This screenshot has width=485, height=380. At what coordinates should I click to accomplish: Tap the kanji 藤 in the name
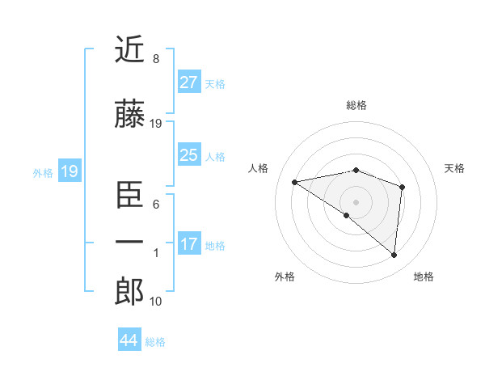129,116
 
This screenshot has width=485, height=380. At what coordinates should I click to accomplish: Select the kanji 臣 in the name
129,194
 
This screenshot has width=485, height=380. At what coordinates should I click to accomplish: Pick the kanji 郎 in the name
129,292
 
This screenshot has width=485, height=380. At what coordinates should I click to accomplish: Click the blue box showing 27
188,82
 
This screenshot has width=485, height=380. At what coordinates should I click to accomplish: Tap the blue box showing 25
188,155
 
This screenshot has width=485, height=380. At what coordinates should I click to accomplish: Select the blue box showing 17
188,244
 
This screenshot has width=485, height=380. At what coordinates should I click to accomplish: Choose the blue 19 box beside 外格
69,171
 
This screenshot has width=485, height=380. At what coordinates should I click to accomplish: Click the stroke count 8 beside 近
156,59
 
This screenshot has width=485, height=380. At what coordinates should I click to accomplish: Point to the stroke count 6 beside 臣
156,205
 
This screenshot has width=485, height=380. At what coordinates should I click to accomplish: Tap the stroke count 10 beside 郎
156,302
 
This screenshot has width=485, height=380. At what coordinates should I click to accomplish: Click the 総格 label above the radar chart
356,105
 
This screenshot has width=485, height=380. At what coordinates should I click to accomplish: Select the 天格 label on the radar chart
454,168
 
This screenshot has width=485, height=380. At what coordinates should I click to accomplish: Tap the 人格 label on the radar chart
259,168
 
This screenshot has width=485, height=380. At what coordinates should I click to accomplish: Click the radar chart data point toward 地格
394,255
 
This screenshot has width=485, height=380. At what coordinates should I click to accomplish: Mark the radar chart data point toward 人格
295,182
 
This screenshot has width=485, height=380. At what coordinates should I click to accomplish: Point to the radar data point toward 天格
402,187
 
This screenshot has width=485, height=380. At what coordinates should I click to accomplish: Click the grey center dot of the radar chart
356,201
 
